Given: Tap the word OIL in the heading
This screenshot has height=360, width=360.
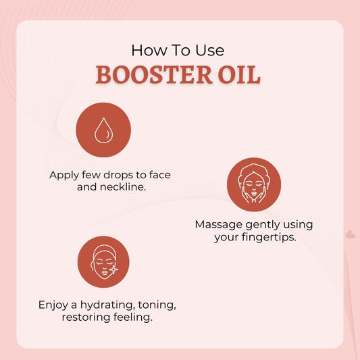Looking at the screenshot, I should click(x=239, y=74).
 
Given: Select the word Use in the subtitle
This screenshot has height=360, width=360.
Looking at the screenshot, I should click(x=209, y=50).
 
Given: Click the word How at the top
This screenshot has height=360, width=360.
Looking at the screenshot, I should click(x=146, y=50).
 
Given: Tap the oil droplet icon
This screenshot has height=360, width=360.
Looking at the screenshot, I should click(x=103, y=130).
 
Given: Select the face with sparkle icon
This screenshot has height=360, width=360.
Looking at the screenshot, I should click(x=103, y=262).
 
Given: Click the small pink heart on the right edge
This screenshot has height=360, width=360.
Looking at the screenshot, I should click(x=350, y=234).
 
